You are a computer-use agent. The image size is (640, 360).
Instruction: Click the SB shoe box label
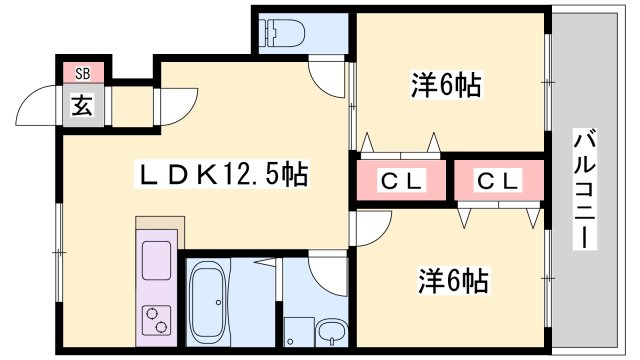point(81,74)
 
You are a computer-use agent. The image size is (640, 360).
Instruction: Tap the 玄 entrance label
point(81,105)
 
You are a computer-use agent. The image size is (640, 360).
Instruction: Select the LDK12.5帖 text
point(222,175)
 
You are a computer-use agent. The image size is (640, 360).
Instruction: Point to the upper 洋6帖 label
point(447,86)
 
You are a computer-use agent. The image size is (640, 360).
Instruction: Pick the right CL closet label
point(497,181)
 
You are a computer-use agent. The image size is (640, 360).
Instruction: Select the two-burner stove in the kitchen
point(157,319)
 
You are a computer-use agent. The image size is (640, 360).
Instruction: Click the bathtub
point(209,300)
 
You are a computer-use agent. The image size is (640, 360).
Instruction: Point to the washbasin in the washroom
point(329,331)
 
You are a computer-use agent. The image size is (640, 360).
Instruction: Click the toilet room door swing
point(325,75)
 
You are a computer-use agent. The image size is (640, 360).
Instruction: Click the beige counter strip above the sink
point(157,224)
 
